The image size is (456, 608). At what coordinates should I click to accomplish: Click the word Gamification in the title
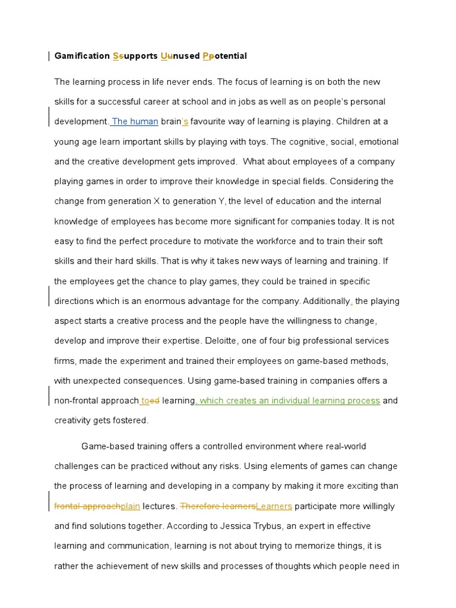81,56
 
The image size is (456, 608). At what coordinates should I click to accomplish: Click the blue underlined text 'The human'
135,122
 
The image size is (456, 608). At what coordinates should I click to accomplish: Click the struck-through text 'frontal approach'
87,506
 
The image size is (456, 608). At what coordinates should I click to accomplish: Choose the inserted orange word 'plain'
130,506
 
